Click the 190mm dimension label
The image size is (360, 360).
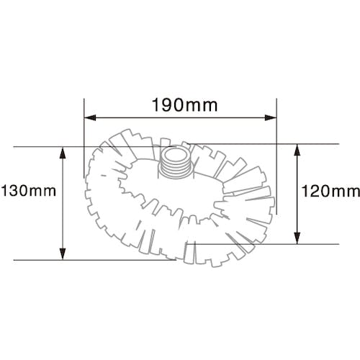coord(185,105)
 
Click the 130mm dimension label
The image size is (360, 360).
coord(28,191)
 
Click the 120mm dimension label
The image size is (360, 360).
coord(330,192)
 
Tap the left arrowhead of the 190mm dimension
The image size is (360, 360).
coord(90,117)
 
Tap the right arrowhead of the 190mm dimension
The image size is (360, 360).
coord(271,117)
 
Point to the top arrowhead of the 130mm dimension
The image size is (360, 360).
coord(63,153)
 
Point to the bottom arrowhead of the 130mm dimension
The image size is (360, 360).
coord(63,254)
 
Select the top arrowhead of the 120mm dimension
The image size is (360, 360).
coord(297,150)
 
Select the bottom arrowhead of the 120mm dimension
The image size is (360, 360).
coord(297,238)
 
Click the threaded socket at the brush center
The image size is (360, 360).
coord(175,162)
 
